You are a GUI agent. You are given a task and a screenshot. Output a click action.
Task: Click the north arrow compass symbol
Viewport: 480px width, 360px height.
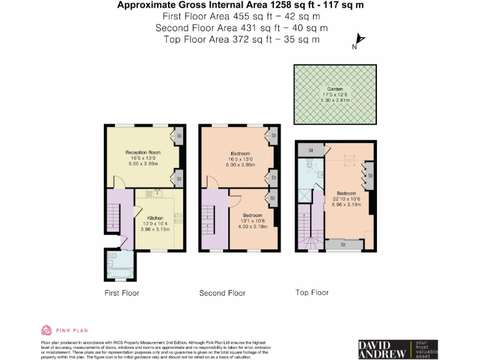[358, 42]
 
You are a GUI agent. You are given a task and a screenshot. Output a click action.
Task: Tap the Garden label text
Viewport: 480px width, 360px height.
[334, 89]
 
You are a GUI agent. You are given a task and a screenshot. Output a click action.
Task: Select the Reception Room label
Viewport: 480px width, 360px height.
[143, 152]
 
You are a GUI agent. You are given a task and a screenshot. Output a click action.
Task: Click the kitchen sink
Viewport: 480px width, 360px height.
[154, 193]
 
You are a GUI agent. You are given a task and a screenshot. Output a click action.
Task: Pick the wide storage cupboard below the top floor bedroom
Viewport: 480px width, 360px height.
[343, 245]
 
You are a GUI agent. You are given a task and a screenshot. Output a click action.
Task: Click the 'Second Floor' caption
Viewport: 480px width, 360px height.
[222, 293]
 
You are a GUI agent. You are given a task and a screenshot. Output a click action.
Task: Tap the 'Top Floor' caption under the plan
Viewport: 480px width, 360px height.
[312, 292]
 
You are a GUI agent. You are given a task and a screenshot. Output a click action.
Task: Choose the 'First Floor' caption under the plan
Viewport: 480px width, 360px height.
[122, 293]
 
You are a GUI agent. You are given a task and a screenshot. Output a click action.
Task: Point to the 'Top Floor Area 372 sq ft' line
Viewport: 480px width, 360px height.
[241, 39]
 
